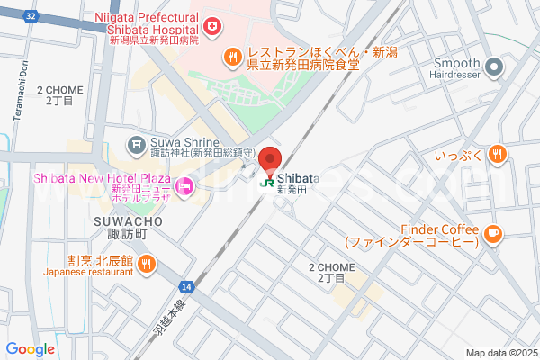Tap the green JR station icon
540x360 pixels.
(x=266, y=181)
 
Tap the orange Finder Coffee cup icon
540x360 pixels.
(x=491, y=235)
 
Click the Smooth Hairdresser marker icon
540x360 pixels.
(x=494, y=66)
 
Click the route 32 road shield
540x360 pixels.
(x=31, y=15)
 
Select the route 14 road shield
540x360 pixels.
(x=185, y=286)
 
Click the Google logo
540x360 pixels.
(x=30, y=349)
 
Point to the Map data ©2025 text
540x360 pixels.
(x=500, y=353)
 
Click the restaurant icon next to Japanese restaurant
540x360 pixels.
(x=148, y=264)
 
